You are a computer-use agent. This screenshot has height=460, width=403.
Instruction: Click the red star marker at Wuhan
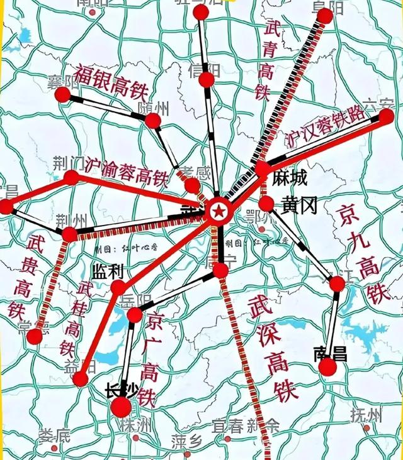click(x=218, y=212)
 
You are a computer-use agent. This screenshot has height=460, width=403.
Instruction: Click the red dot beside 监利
click(x=118, y=288)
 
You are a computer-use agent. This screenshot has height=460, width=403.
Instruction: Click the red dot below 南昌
click(x=328, y=367)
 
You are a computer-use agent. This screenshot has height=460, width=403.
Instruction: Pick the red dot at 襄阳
click(x=62, y=95)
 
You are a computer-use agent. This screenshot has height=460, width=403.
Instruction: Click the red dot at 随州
click(x=153, y=121)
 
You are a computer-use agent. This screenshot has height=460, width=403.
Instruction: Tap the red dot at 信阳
click(x=207, y=80)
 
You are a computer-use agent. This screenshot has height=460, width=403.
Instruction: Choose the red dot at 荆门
click(x=71, y=178)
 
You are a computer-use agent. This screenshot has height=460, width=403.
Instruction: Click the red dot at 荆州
click(x=69, y=235)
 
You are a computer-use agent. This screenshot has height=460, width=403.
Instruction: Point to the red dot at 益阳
click(x=80, y=379)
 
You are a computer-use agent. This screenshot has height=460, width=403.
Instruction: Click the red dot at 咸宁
click(x=220, y=271)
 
